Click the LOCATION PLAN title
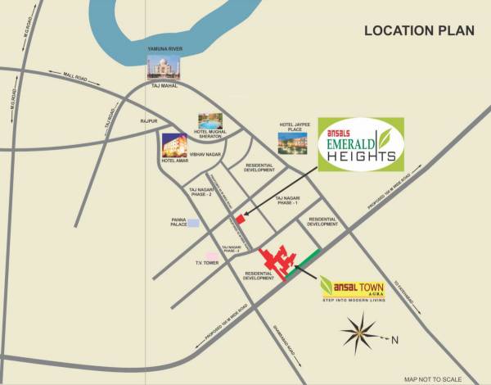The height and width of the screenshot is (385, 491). click(419, 32)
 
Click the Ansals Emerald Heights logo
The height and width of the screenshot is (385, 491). click(359, 145)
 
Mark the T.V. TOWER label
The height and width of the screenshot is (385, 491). click(207, 264)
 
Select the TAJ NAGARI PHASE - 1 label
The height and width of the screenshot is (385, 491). click(290, 202)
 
